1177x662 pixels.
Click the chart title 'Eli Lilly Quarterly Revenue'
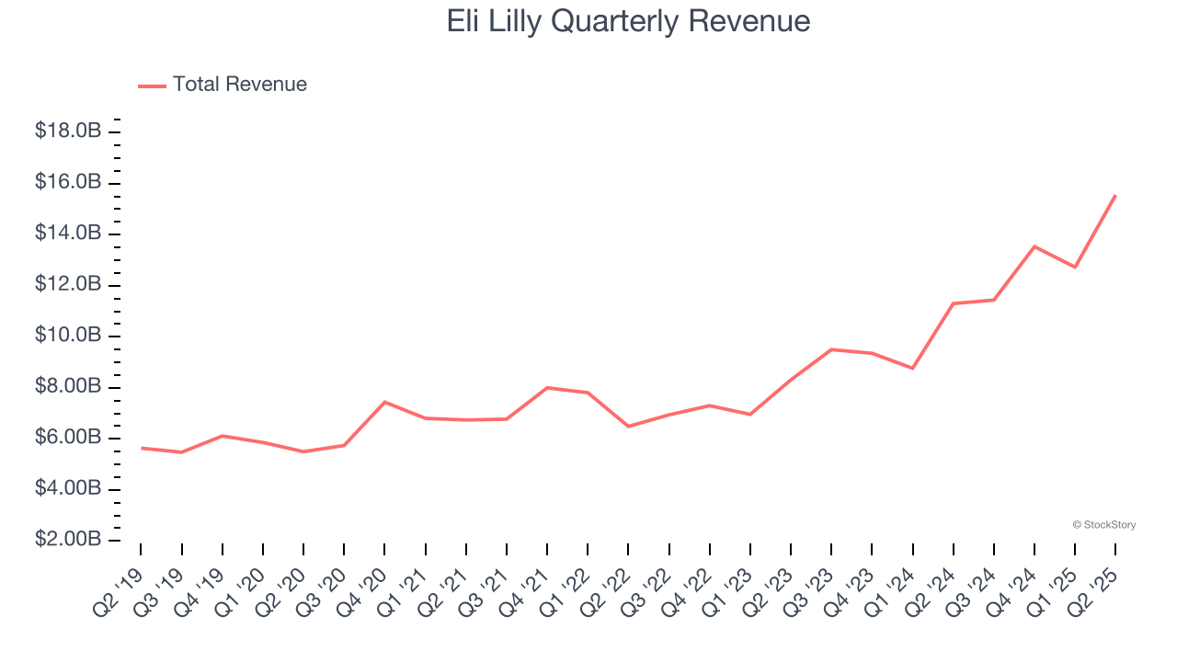coord(628,21)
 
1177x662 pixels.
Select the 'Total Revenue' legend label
coord(239,85)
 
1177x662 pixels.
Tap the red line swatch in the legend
coord(152,86)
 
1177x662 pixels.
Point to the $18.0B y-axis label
coord(67,131)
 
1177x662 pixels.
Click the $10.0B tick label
coord(67,336)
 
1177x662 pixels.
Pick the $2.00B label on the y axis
coord(67,540)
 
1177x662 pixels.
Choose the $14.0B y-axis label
coord(67,234)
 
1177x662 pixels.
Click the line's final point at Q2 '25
coord(1115,195)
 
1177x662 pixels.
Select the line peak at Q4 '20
coord(384,402)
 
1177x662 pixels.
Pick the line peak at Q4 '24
coord(1034,246)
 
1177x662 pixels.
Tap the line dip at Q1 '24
coord(912,368)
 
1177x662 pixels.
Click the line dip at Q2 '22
coord(628,427)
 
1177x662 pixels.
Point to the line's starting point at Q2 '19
coord(141,448)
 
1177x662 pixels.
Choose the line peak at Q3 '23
coord(831,349)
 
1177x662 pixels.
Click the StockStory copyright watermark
coord(1103,525)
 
